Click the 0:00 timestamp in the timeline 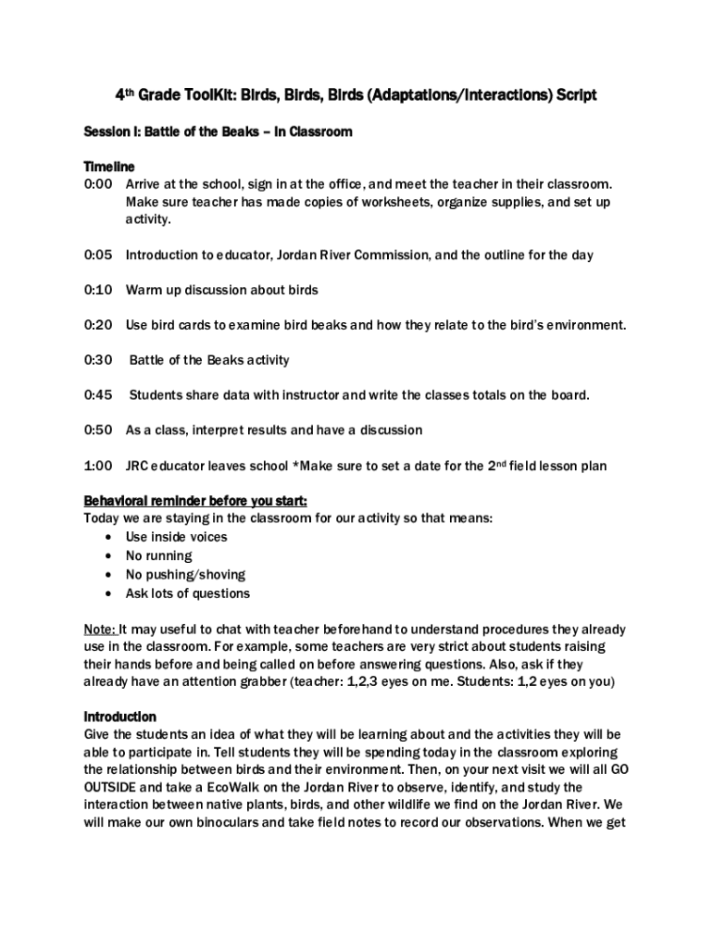[x=97, y=184]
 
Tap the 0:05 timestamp [x=97, y=255]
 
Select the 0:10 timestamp [x=97, y=290]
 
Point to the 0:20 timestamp [x=97, y=325]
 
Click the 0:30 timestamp [x=97, y=360]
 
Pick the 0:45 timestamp [x=97, y=395]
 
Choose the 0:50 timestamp [x=97, y=430]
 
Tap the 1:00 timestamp [x=97, y=466]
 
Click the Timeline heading [x=109, y=167]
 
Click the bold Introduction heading [x=120, y=717]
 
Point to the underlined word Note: [x=100, y=630]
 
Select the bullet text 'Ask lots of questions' [x=188, y=593]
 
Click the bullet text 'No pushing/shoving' [x=185, y=575]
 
